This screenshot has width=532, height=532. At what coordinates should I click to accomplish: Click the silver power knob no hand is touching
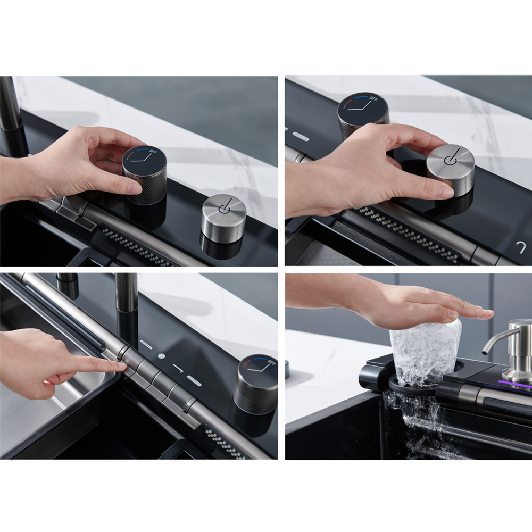(x=224, y=218)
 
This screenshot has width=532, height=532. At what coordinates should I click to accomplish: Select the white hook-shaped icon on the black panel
(x=521, y=248)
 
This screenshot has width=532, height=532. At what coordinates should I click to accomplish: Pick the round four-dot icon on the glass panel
(x=162, y=356)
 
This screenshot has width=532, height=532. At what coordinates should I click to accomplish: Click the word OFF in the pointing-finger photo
(x=272, y=363)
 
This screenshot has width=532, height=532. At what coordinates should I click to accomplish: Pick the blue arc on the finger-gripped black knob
(x=143, y=151)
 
